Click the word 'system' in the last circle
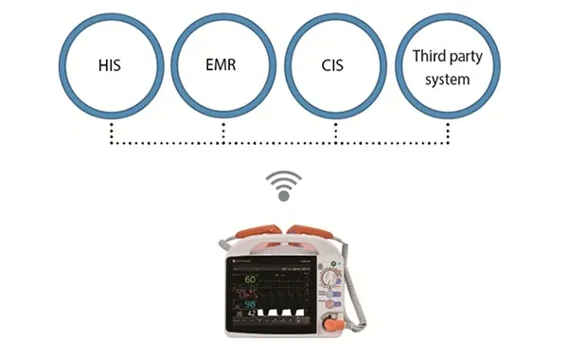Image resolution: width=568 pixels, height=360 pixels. click(447, 80)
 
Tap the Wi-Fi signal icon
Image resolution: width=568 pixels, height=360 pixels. click(282, 185)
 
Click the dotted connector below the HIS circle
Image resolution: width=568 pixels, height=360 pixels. click(111, 134)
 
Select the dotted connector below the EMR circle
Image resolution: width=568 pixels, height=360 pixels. click(222, 134)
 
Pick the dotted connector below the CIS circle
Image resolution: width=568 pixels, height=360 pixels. click(335, 134)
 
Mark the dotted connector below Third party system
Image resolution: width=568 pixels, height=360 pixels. click(447, 134)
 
